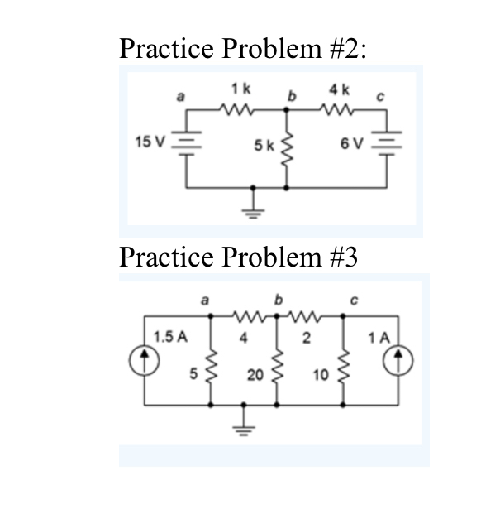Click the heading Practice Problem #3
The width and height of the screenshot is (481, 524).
pyautogui.click(x=238, y=257)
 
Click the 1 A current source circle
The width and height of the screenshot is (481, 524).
pyautogui.click(x=401, y=358)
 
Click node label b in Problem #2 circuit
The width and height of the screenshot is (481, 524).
pyautogui.click(x=289, y=98)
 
